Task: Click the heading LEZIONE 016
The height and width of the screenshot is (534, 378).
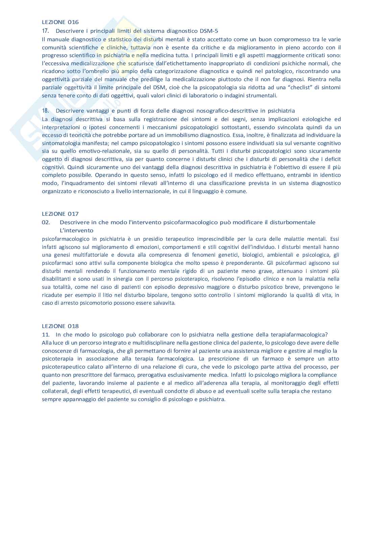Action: (60, 22)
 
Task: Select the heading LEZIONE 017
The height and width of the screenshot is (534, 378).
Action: (60, 214)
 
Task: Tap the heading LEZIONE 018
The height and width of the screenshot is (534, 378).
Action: (60, 326)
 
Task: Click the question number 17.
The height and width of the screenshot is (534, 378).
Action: (45, 31)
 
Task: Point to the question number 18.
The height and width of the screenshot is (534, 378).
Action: (45, 111)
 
